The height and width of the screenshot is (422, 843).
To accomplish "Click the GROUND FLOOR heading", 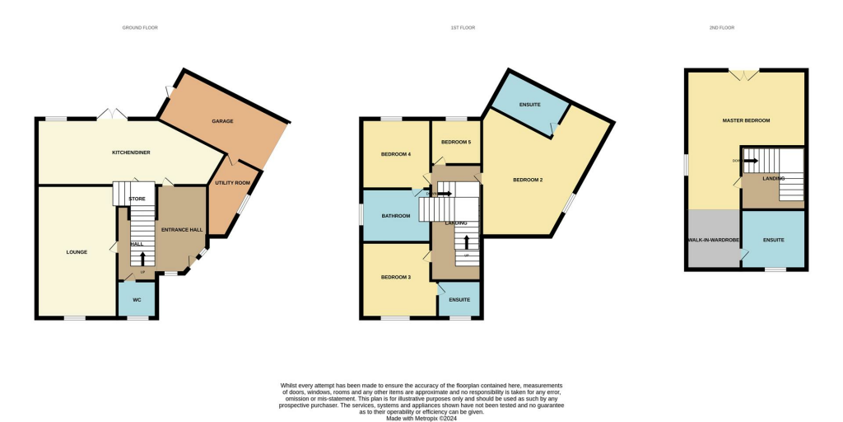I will point(140,28).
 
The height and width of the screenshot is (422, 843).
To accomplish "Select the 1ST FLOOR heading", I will point(463,28).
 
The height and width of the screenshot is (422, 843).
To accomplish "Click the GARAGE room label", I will point(222,121).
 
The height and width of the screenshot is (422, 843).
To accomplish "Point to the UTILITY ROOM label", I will point(231,183).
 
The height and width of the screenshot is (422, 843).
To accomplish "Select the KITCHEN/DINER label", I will point(133,152).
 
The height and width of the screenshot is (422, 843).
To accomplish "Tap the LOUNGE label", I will point(77,251).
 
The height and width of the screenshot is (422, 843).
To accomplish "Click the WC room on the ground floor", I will point(137,300).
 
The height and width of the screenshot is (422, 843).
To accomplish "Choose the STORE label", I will point(137,199).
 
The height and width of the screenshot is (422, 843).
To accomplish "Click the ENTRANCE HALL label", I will point(182,230).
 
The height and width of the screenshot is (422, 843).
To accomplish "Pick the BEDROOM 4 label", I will point(395,154).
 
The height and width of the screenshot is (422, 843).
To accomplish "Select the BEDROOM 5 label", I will point(456,142).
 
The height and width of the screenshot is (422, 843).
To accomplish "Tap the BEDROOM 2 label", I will point(528,179).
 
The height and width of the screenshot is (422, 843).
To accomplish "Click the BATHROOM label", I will point(395,216).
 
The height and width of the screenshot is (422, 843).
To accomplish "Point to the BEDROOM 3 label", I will point(395,277).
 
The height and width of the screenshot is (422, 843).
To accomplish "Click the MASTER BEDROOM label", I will point(746,120).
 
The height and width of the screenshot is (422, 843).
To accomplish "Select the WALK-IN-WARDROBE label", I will point(713,240).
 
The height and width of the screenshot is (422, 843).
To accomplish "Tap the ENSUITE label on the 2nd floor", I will point(773,240).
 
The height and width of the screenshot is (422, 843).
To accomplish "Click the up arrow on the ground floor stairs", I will point(142,259).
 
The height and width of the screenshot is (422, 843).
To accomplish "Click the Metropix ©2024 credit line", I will point(421,418).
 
